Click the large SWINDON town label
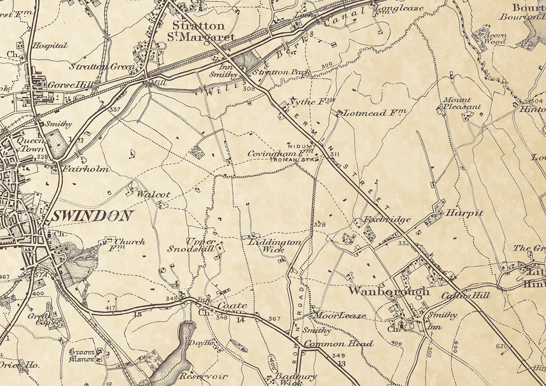click(91, 216)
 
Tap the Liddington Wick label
click(274, 245)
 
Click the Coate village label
click(233, 305)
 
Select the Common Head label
click(339, 344)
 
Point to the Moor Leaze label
click(340, 316)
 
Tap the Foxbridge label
click(387, 219)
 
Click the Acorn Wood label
click(495, 38)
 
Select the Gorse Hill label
click(70, 85)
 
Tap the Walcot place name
click(153, 194)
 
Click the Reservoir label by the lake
click(203, 376)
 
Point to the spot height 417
click(110, 308)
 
